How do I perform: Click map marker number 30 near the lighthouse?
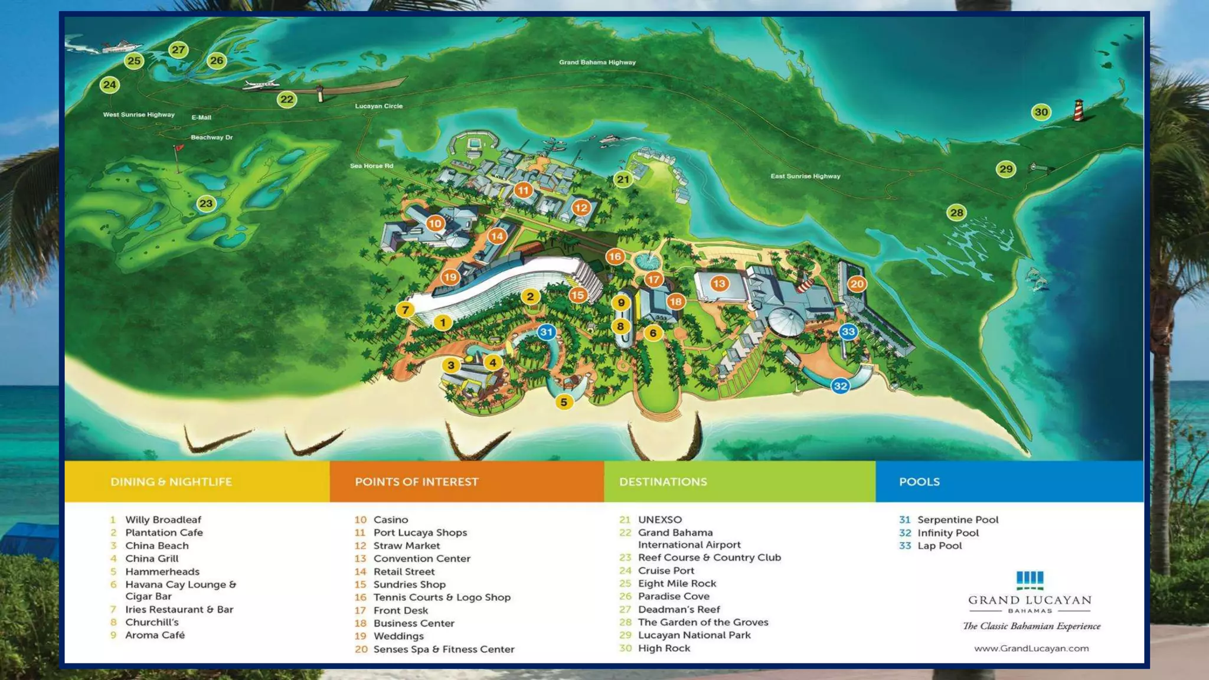[1041, 112]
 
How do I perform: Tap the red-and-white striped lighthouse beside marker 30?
[1079, 110]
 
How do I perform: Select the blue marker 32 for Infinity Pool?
[840, 386]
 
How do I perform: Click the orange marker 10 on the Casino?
[435, 223]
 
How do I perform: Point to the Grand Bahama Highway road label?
[597, 62]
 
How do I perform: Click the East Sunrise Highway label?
[805, 176]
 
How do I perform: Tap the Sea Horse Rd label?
[371, 166]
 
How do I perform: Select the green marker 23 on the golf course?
[206, 204]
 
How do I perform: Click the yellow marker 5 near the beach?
[564, 402]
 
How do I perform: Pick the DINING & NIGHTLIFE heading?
[171, 482]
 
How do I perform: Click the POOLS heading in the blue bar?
[919, 482]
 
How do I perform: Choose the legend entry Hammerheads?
[162, 571]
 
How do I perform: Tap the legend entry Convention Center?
[421, 558]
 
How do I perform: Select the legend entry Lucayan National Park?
[694, 635]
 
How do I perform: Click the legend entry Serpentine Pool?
[958, 519]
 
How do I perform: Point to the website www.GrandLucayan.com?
[1031, 648]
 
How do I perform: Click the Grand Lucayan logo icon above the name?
[1030, 580]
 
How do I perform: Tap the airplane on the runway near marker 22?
[261, 85]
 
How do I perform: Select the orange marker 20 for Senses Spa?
[857, 284]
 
